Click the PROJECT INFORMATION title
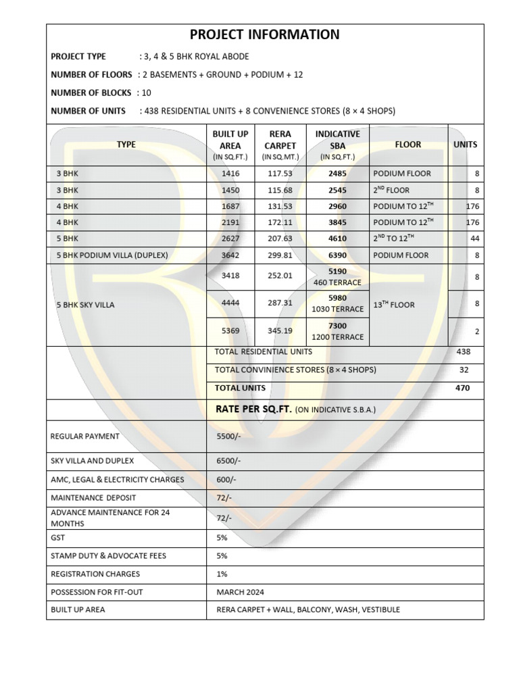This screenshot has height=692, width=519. [x=265, y=35]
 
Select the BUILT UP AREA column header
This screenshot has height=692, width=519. [x=230, y=145]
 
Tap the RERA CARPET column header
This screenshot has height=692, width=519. [x=280, y=145]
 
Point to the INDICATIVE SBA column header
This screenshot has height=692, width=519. [x=337, y=145]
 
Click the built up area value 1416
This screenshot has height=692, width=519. [x=230, y=174]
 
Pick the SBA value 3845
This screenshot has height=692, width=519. [x=337, y=222]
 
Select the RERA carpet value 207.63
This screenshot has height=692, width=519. [x=280, y=239]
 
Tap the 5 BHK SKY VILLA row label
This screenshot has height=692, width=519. [x=85, y=305]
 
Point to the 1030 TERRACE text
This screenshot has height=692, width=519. [x=337, y=310]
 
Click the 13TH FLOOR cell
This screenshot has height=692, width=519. [x=394, y=305]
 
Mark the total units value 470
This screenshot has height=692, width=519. [x=463, y=388]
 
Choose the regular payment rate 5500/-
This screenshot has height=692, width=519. [x=228, y=437]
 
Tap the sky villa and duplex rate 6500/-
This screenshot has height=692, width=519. [x=228, y=461]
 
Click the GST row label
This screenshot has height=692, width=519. [x=58, y=538]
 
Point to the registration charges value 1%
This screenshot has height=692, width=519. [x=222, y=574]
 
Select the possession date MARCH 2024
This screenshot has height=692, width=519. [x=241, y=592]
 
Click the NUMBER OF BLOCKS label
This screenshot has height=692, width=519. [x=91, y=93]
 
